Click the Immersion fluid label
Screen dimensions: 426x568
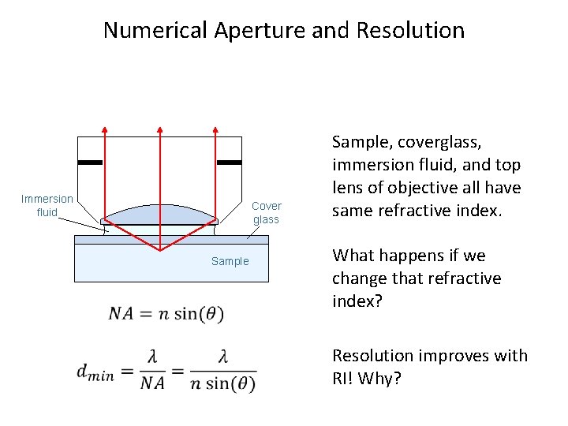point(47,205)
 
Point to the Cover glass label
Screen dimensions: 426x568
point(266,212)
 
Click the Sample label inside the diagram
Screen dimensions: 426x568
point(230,261)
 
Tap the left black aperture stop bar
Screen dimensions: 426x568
point(91,162)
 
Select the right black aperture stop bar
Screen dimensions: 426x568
point(229,162)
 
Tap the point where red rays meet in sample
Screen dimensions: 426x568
point(160,250)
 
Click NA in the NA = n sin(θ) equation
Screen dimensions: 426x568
point(121,313)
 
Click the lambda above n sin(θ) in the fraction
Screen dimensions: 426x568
point(223,358)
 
